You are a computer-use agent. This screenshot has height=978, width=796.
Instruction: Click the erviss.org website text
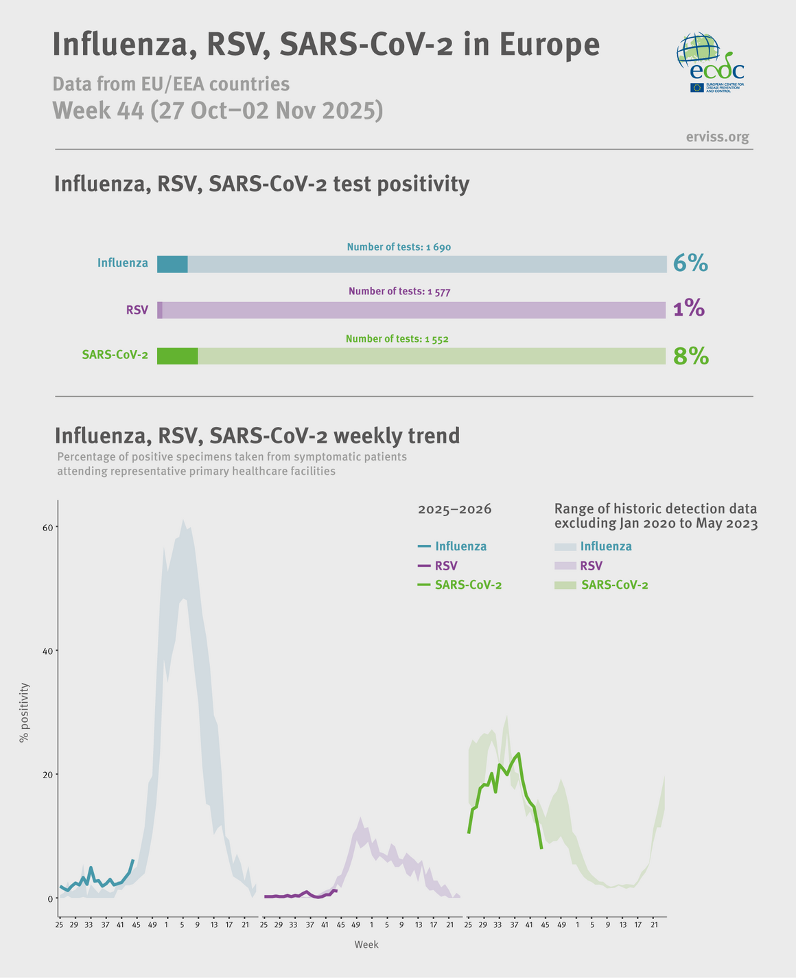coord(717,137)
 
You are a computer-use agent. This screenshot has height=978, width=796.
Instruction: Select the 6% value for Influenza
coord(690,264)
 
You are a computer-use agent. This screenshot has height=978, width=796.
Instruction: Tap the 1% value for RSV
coord(689,310)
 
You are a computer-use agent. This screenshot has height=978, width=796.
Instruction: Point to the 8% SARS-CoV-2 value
coord(690,356)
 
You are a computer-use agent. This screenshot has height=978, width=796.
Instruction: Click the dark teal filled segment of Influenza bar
coord(172,264)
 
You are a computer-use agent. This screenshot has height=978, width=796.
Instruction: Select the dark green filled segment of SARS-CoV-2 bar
coord(177,356)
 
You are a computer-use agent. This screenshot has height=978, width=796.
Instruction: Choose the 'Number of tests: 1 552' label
coord(397,339)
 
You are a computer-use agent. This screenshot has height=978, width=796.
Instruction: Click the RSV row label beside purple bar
coord(137,310)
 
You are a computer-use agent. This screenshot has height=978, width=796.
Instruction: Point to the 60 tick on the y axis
coord(48,527)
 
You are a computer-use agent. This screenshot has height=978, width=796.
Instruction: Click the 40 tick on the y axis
coord(48,651)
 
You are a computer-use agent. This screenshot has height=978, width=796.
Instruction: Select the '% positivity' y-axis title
coord(25,712)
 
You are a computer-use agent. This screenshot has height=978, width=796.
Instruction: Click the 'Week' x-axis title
coord(366,944)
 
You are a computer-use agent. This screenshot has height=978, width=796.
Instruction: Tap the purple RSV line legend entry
coord(438,566)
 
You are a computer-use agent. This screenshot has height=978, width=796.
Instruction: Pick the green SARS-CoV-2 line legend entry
coord(460,585)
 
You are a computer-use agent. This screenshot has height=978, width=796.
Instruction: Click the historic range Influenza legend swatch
coord(565,547)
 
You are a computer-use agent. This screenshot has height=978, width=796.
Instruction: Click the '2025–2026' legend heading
coord(454,509)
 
